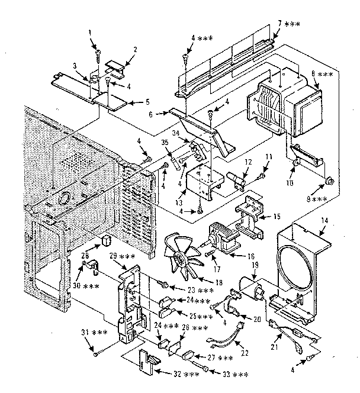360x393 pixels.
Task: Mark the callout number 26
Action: tap(186, 327)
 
